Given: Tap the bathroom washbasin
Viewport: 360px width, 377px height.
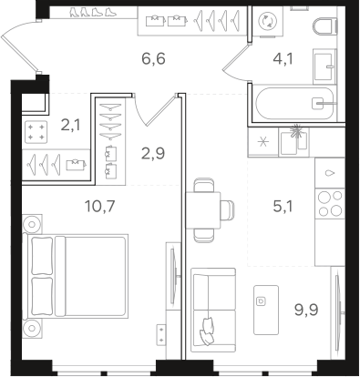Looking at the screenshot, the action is [x=324, y=63].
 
